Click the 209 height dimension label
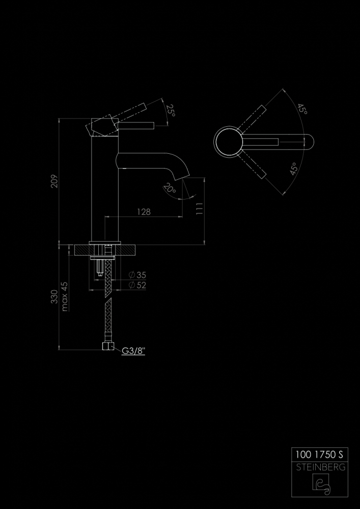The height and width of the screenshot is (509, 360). pos(54,181)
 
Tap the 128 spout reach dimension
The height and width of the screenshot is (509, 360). pos(144,212)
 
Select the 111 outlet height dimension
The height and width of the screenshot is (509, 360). pos(199,209)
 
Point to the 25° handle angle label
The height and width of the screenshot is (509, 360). pos(171,110)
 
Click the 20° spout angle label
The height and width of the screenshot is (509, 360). pos(169,188)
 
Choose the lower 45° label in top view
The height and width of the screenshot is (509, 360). pos(294,169)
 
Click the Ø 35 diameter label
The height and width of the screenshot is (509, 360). pos(137,275)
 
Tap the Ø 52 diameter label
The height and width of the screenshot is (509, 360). pos(137,286)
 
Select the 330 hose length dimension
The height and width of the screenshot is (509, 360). pos(54,297)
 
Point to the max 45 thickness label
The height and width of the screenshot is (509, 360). pos(65,296)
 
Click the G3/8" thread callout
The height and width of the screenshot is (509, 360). pos(133,351)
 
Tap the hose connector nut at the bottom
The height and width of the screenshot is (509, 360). pos(107,346)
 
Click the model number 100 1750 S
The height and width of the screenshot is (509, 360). pos(319,455)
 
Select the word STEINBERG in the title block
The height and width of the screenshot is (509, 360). pos(320,468)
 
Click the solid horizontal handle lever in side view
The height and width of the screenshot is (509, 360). pos(135,126)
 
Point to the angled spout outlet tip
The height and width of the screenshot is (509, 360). pos(182,178)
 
